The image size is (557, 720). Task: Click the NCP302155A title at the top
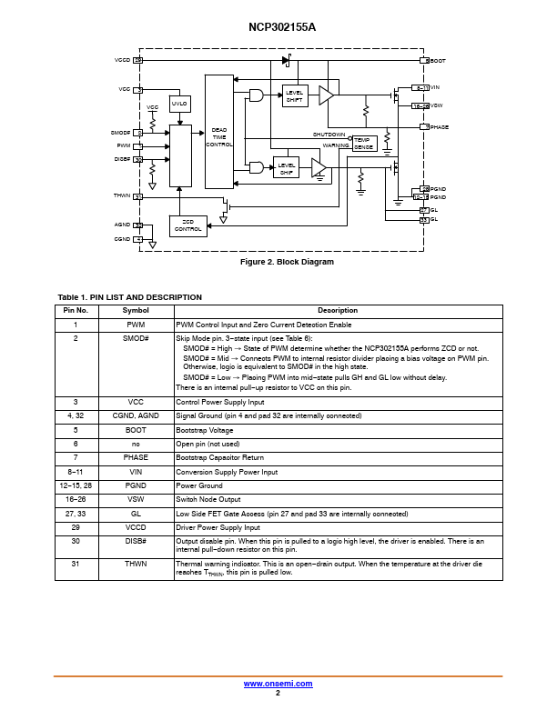pos(278,28)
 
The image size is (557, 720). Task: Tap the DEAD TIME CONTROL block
pos(219,136)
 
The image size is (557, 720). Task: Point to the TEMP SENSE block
pos(363,143)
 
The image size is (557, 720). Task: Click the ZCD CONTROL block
pos(187,225)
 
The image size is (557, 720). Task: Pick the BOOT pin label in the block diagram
pos(438,60)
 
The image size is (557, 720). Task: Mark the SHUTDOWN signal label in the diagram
pos(329,134)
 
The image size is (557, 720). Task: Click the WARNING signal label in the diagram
pos(336,145)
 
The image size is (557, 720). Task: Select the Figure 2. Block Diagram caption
pos(287,262)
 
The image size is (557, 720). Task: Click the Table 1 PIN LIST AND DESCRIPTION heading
pos(129,297)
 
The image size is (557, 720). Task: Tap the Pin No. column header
pos(75,310)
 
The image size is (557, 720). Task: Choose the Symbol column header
pos(136,310)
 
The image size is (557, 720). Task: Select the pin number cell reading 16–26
pos(75,499)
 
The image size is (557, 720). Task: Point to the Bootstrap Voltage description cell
pos(204,429)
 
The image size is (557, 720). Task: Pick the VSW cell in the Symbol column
pos(136,499)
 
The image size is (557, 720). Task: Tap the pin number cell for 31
pos(75,564)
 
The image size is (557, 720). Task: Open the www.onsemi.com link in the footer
pos(278,683)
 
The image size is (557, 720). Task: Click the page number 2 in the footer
pos(278,693)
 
